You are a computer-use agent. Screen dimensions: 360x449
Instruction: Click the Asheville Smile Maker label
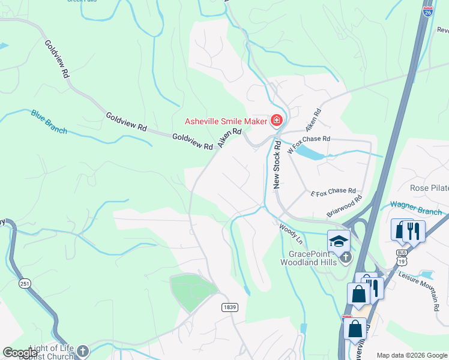point(225,121)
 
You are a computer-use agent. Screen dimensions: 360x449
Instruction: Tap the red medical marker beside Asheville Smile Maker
point(276,121)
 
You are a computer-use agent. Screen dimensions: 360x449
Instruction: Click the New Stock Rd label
point(277,166)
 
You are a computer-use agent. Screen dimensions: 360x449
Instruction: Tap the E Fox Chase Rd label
point(333,192)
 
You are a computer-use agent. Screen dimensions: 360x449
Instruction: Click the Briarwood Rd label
point(345,206)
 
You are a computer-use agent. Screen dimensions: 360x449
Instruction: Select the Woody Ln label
point(291,233)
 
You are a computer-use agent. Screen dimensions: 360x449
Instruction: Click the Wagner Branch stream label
point(415,205)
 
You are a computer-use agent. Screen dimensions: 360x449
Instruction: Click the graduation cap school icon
point(339,241)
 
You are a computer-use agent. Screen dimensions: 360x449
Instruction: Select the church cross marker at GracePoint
point(345,257)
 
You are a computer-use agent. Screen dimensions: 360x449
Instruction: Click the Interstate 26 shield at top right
point(427,8)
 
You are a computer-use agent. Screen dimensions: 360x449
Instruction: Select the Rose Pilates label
point(429,188)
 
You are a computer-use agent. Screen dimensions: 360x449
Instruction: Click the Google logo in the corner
point(20,353)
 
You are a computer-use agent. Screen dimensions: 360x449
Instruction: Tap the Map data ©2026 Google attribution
point(411,355)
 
